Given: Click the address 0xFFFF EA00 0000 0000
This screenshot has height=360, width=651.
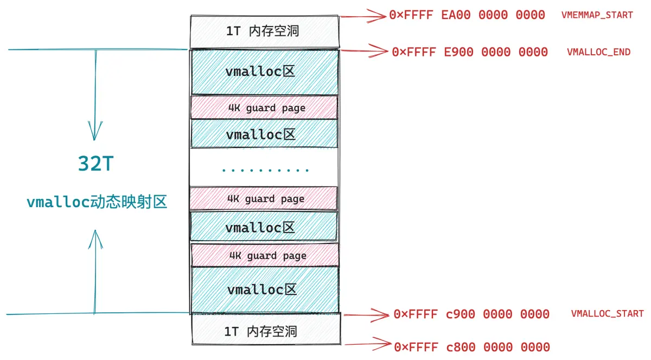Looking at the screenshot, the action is coord(467,15).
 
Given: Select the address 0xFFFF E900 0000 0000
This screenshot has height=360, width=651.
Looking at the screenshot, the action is coord(470,52).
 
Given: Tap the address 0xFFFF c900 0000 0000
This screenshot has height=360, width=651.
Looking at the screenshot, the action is coord(471,314).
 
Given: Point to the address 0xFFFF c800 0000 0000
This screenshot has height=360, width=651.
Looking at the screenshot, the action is coord(472,347).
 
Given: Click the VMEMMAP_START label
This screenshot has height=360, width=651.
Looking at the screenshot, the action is coord(597,15).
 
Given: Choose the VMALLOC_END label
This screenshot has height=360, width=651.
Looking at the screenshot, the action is coord(599,52).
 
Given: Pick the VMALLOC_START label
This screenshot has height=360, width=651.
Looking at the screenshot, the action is coord(608,313).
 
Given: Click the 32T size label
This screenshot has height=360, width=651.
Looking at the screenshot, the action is coord(95,163).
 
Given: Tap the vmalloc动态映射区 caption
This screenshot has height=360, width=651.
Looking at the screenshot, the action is coord(97,202).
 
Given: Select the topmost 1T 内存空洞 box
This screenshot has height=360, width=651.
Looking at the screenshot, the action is coord(265,31).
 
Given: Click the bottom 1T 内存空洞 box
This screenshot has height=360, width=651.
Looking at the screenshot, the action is coord(266,329).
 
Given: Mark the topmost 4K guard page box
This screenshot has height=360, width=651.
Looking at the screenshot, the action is coord(264,107).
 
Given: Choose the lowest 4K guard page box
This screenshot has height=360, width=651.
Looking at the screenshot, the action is coord(265,255).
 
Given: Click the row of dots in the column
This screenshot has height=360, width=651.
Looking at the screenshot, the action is coord(265,170).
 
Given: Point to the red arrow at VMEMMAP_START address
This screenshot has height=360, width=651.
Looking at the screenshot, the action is coord(363,16).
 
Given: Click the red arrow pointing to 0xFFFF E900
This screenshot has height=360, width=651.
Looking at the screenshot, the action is coord(364,51).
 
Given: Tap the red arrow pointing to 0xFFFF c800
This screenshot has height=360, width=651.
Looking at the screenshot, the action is coord(368,344).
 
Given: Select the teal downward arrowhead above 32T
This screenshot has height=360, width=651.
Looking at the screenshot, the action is coord(95,131).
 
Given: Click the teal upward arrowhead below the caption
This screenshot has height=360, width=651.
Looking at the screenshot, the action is coord(95,239).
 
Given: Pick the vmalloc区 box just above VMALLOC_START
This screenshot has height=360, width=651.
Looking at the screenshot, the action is coord(265,290).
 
